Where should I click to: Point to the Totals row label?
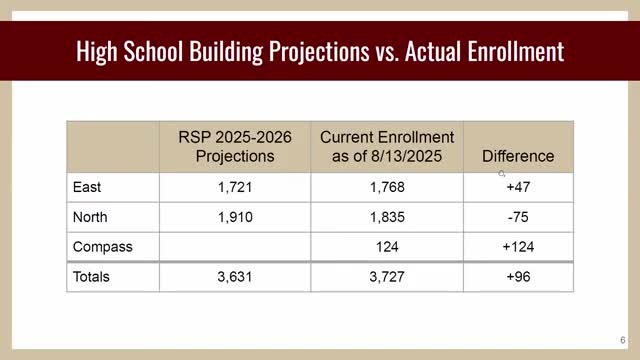[x=91, y=276]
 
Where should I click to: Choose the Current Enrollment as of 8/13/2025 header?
[x=387, y=146]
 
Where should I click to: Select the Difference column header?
[x=518, y=156]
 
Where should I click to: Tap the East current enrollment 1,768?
[x=387, y=186]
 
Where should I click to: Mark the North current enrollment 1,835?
[x=387, y=215]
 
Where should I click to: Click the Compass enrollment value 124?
[x=387, y=245]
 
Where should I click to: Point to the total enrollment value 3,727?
[x=387, y=276]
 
